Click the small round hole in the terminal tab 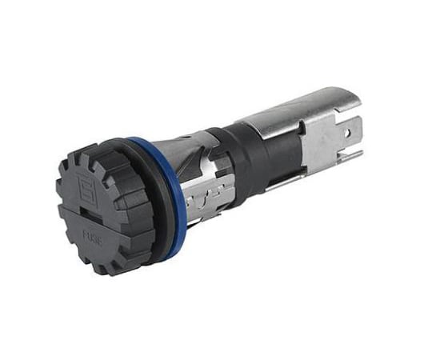coord(349,135)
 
